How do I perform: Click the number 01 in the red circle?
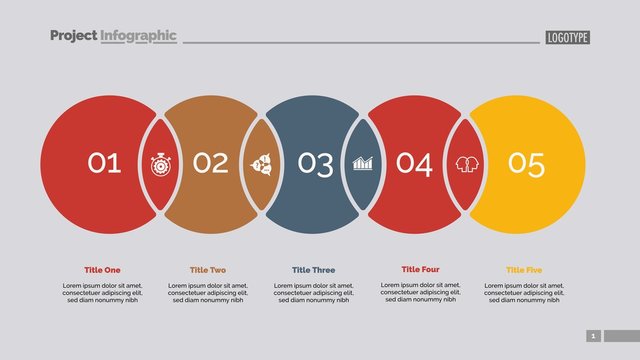click(x=104, y=163)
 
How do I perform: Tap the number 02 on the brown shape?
click(x=210, y=163)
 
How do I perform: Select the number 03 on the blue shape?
click(x=316, y=163)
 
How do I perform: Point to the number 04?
click(x=414, y=163)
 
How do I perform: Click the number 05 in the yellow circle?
click(x=526, y=163)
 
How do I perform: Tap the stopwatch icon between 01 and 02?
click(x=160, y=163)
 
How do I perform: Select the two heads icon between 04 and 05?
click(x=466, y=163)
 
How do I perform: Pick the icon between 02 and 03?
click(x=261, y=163)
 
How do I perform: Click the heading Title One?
click(x=102, y=270)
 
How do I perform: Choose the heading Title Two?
click(x=208, y=270)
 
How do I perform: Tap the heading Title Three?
click(x=314, y=270)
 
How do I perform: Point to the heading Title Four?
click(x=420, y=269)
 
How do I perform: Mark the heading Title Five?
click(x=525, y=270)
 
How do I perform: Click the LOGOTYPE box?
click(x=568, y=38)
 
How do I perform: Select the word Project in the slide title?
click(x=73, y=36)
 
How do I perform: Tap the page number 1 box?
click(x=593, y=336)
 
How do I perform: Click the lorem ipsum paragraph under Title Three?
click(x=314, y=292)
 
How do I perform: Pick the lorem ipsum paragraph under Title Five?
click(x=525, y=292)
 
